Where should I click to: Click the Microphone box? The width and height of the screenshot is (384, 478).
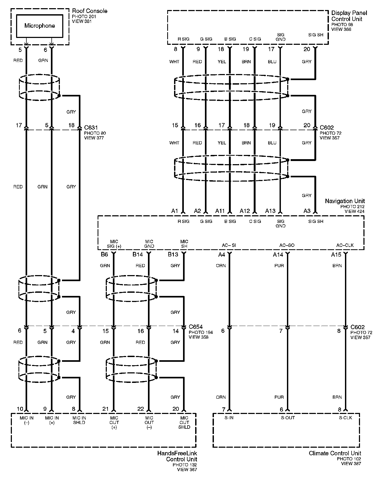pyautogui.click(x=40, y=26)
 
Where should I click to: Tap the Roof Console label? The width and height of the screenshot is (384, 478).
pyautogui.click(x=90, y=11)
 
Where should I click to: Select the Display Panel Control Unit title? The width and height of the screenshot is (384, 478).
pyautogui.click(x=349, y=16)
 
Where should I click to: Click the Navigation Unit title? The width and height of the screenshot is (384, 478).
pyautogui.click(x=345, y=201)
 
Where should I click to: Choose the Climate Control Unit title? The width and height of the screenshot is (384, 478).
pyautogui.click(x=335, y=453)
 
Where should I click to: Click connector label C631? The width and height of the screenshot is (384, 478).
pyautogui.click(x=91, y=128)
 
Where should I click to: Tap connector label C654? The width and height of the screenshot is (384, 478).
pyautogui.click(x=196, y=327)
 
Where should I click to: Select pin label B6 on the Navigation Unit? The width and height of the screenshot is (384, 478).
pyautogui.click(x=104, y=255)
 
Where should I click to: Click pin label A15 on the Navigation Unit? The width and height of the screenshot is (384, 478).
pyautogui.click(x=336, y=255)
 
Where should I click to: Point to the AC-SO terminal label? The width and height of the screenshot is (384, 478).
pyautogui.click(x=287, y=245)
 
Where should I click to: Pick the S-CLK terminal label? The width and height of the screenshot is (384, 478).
pyautogui.click(x=345, y=418)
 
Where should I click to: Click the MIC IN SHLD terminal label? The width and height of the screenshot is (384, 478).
pyautogui.click(x=79, y=420)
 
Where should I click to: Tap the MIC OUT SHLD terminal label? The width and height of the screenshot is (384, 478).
pyautogui.click(x=184, y=422)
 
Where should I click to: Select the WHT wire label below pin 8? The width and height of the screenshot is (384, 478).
pyautogui.click(x=174, y=62)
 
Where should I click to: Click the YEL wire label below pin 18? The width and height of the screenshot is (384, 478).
pyautogui.click(x=222, y=62)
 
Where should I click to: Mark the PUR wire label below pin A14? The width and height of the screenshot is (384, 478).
pyautogui.click(x=279, y=266)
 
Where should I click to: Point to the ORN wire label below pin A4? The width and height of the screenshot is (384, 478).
pyautogui.click(x=221, y=266)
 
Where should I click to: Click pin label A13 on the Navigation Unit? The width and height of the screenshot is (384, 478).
pyautogui.click(x=270, y=211)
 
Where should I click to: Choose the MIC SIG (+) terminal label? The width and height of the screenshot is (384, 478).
pyautogui.click(x=114, y=244)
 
